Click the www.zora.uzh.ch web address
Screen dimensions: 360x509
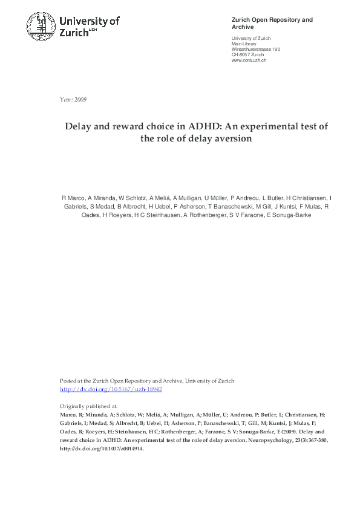(249, 60)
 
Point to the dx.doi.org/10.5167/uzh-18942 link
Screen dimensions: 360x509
(111, 389)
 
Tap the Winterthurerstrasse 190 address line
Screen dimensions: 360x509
(256, 50)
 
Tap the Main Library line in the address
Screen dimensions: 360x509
(244, 44)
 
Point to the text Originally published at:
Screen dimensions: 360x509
(88, 406)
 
